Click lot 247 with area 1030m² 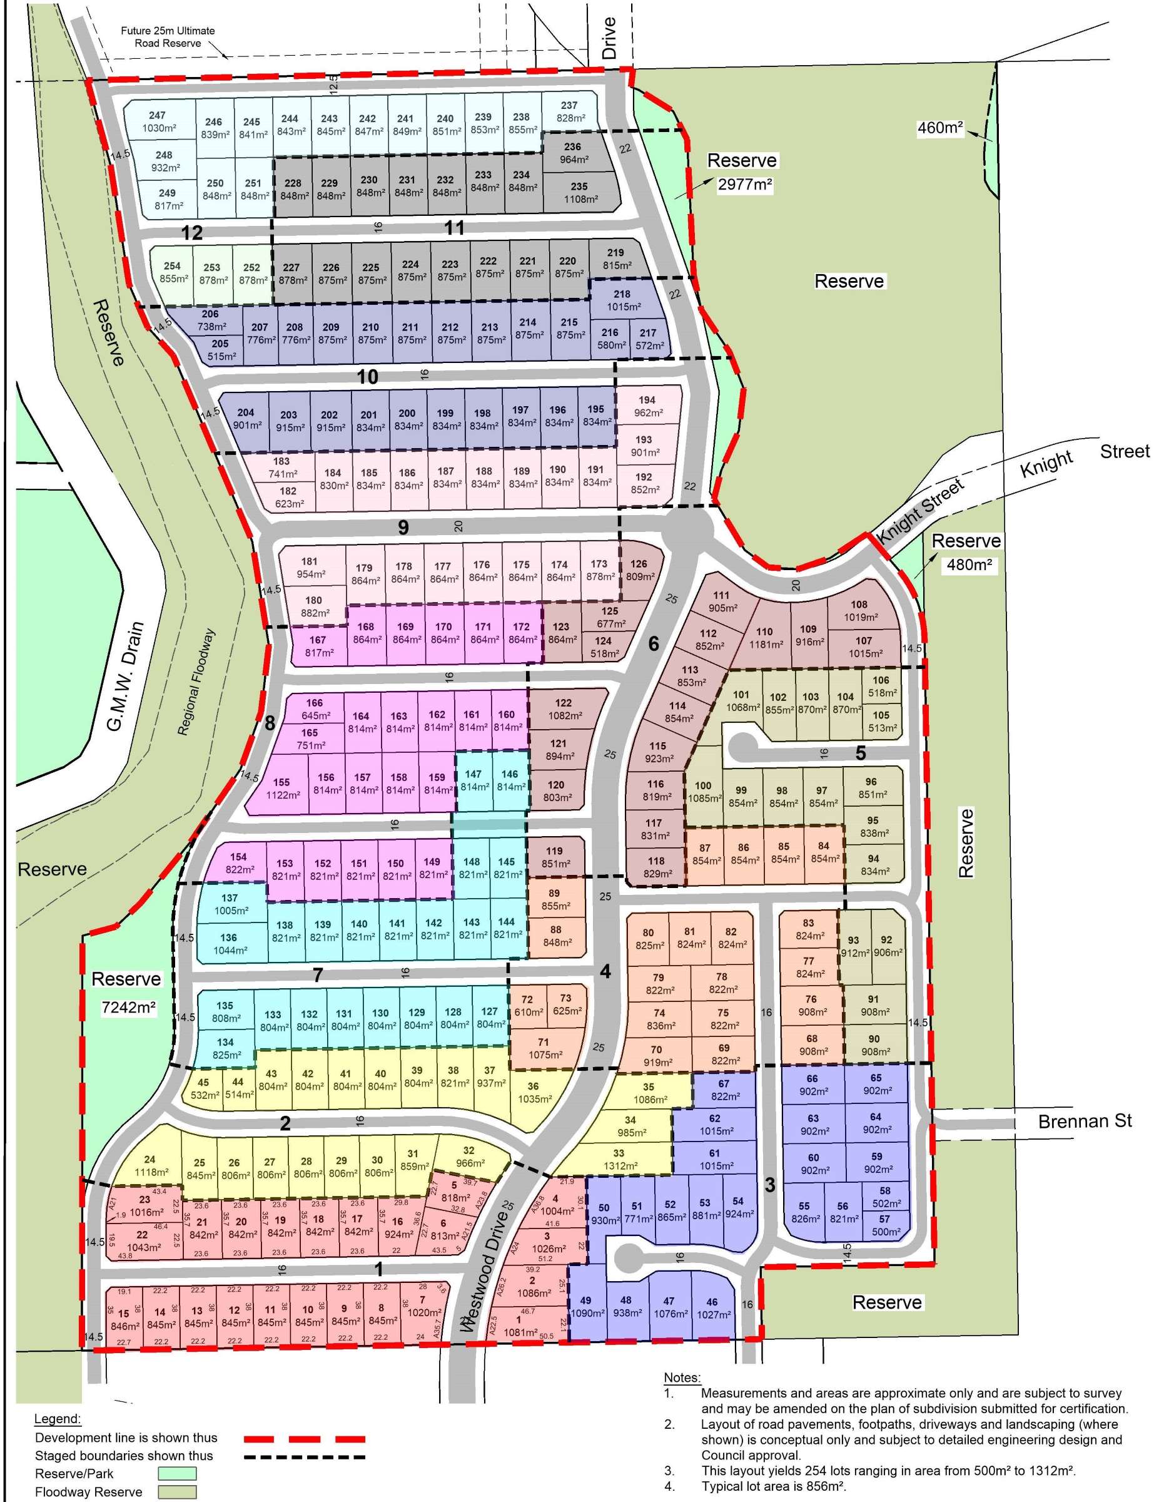(x=158, y=122)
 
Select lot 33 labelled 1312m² (x=619, y=1160)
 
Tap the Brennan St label (x=1084, y=1121)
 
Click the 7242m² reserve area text (x=129, y=1008)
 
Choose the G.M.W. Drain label (x=126, y=677)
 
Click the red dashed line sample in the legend (x=304, y=1439)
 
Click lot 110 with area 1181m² (x=765, y=638)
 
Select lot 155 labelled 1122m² (x=283, y=788)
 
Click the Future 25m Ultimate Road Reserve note (x=168, y=37)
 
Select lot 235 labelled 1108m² (x=579, y=193)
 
